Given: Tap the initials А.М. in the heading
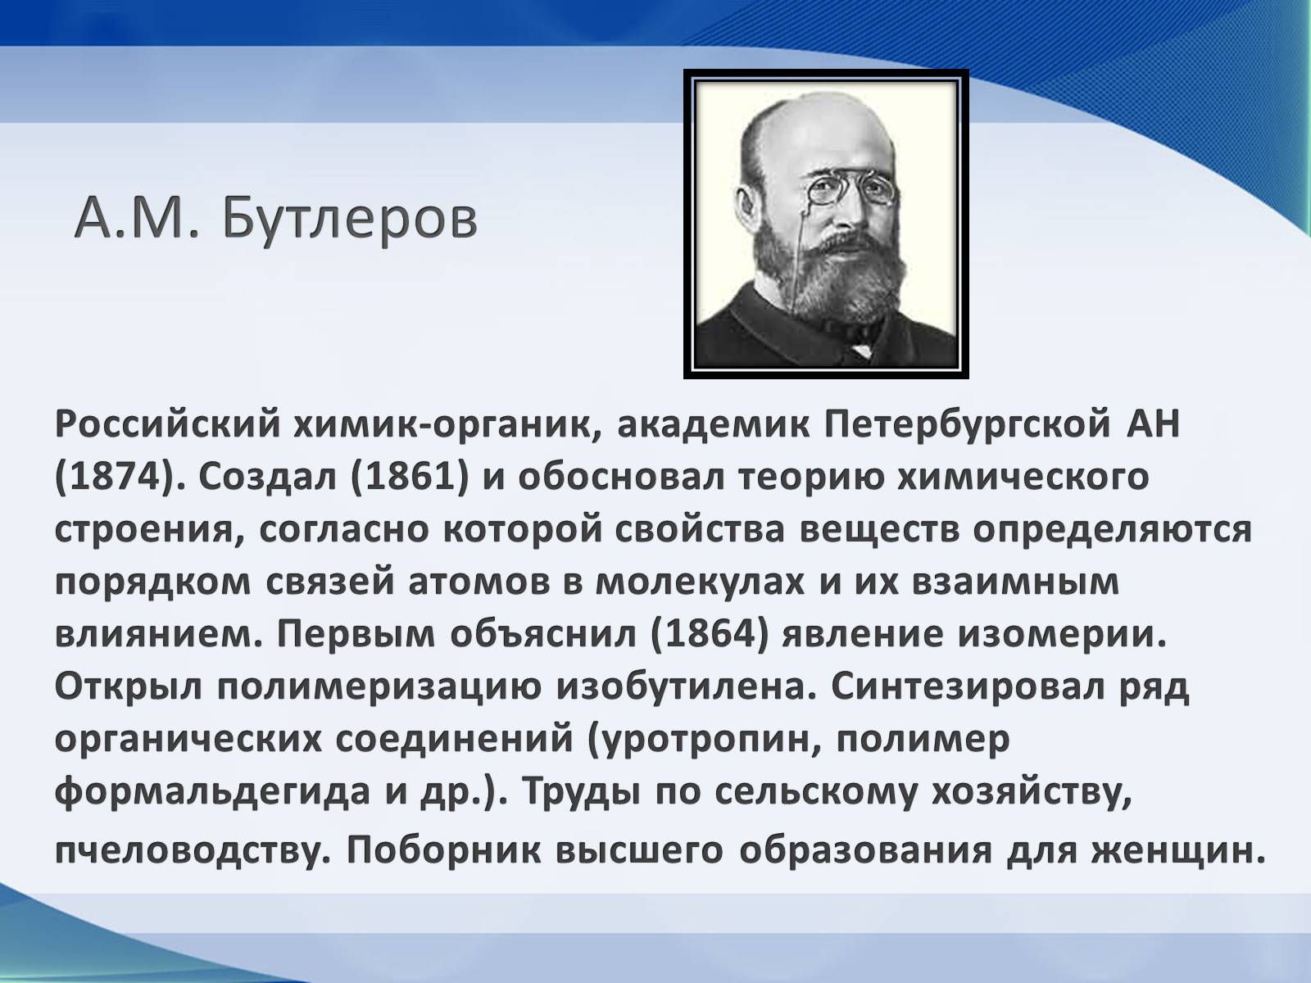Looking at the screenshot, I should coord(137,220).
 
